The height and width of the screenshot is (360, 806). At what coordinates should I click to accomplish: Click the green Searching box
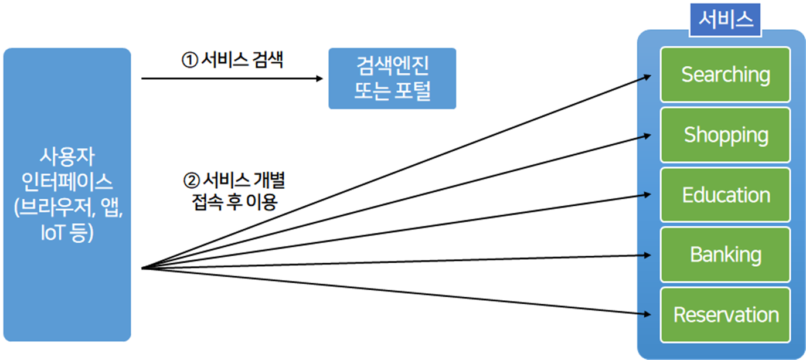pyautogui.click(x=725, y=74)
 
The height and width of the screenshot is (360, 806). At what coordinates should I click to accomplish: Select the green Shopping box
pyautogui.click(x=725, y=135)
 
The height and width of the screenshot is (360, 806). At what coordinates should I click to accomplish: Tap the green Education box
pyautogui.click(x=725, y=195)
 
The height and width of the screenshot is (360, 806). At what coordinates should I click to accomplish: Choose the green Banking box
pyautogui.click(x=725, y=255)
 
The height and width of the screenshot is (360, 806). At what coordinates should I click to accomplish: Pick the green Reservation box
pyautogui.click(x=725, y=315)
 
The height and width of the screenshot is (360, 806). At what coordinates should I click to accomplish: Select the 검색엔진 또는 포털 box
pyautogui.click(x=392, y=79)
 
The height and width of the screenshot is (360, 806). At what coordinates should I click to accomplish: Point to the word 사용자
pyautogui.click(x=66, y=157)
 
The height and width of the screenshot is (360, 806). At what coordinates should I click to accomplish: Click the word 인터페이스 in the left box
pyautogui.click(x=66, y=183)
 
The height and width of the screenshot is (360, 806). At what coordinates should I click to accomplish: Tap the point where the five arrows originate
pyautogui.click(x=143, y=269)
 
